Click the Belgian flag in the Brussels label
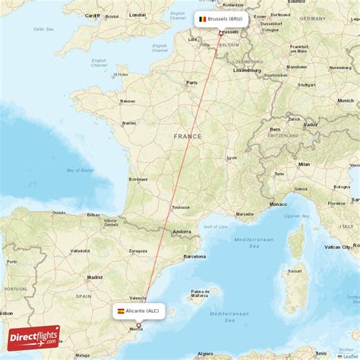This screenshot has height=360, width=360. [x=202, y=19]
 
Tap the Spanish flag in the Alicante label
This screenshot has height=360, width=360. [x=121, y=311]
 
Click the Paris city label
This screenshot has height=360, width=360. [x=192, y=83]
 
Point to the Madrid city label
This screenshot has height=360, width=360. [x=94, y=277]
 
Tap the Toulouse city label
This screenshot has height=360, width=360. [x=181, y=207]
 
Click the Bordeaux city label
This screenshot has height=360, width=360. [x=137, y=179]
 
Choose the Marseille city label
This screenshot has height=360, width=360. [x=245, y=213]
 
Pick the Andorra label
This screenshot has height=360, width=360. [x=182, y=231]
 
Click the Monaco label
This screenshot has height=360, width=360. [x=279, y=204]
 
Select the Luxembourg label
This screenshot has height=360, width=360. [x=246, y=70]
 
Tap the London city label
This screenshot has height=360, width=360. [x=137, y=14]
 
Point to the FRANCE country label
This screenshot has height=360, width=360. [x=187, y=136]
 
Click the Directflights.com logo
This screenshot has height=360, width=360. [x=33, y=338]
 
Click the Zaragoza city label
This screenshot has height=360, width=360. [x=137, y=250]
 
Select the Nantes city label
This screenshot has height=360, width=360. [x=129, y=122]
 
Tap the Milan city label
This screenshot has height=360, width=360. [x=304, y=164]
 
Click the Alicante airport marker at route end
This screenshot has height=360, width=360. [x=138, y=324]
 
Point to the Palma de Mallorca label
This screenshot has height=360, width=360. [x=201, y=292]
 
